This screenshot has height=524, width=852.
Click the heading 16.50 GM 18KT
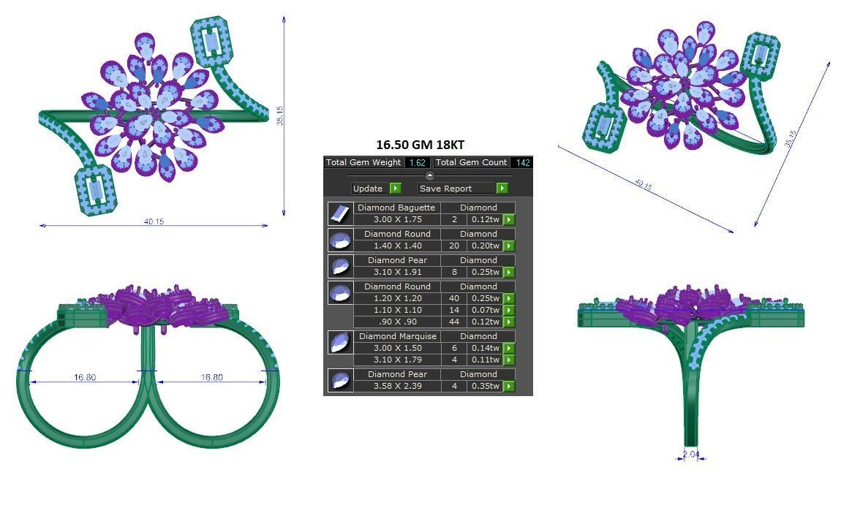pyautogui.click(x=420, y=145)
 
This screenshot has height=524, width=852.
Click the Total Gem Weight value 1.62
pyautogui.click(x=418, y=163)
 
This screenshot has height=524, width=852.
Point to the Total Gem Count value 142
pyautogui.click(x=522, y=163)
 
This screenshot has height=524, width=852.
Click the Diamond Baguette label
pyautogui.click(x=396, y=208)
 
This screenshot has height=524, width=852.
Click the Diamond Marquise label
pyautogui.click(x=397, y=336)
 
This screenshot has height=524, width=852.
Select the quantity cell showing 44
pyautogui.click(x=454, y=322)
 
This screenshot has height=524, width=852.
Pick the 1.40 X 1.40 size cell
pyautogui.click(x=397, y=246)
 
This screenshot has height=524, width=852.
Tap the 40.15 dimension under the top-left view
pyautogui.click(x=154, y=221)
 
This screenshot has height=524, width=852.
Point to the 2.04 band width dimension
pyautogui.click(x=690, y=455)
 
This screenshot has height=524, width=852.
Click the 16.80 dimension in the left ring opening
pyautogui.click(x=85, y=377)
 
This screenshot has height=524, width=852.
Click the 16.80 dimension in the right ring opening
pyautogui.click(x=211, y=377)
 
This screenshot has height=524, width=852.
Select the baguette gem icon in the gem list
pyautogui.click(x=340, y=213)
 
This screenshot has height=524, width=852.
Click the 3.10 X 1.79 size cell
pyautogui.click(x=397, y=360)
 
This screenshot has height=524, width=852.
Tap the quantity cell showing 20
pyautogui.click(x=454, y=246)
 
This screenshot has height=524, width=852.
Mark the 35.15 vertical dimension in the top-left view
pyautogui.click(x=279, y=115)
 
